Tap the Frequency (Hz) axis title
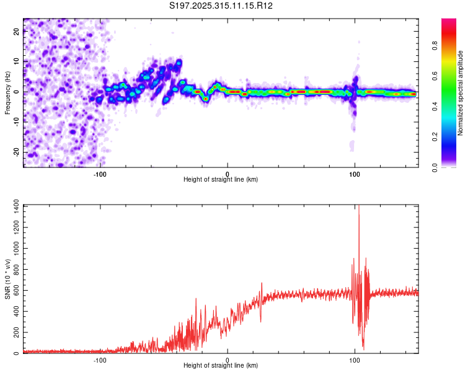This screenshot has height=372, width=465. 7,93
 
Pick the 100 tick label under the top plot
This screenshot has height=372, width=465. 355,173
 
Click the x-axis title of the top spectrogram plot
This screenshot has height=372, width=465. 221,180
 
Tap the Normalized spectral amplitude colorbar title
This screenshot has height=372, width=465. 461,94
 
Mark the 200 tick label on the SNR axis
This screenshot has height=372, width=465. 14,332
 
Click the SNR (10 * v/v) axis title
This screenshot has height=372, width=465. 7,279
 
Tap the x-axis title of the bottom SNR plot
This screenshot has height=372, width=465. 221,366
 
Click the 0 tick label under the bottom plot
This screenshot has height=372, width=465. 228,360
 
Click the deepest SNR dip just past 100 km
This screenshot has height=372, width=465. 363,348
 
